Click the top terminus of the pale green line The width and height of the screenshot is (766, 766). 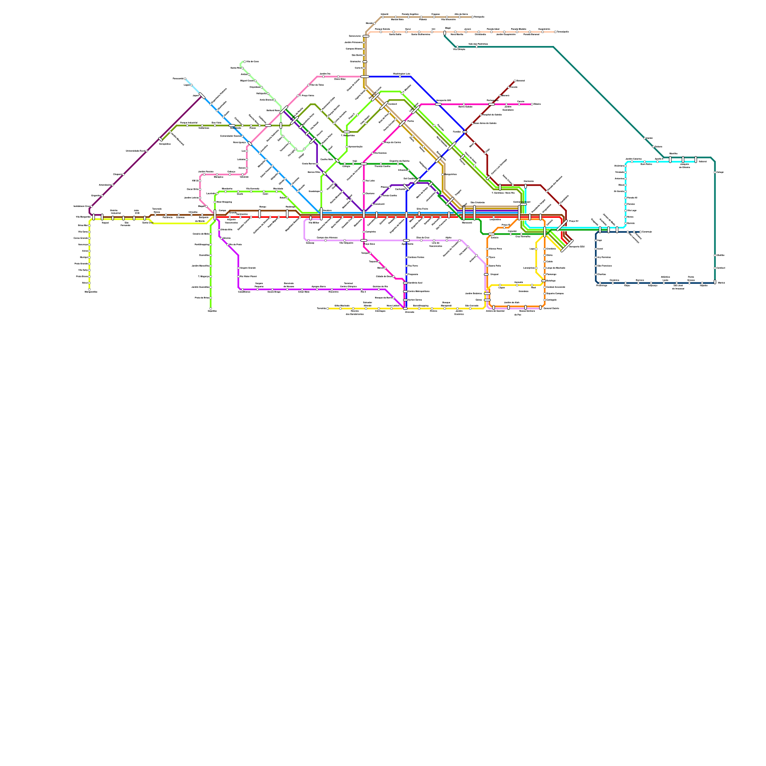(245, 62)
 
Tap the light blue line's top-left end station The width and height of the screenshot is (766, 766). (185, 79)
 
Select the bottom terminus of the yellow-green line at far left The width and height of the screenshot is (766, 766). (90, 289)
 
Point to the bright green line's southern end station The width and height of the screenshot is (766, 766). (211, 309)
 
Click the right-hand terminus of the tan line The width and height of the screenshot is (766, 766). (473, 17)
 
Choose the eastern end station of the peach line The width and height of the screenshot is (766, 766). (555, 32)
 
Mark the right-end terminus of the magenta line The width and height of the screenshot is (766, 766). (532, 104)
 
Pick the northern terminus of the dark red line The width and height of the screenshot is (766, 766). (515, 81)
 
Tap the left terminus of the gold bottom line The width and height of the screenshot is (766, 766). (328, 308)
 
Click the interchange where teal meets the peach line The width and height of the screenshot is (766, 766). (445, 33)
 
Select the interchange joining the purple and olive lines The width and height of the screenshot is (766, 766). (294, 120)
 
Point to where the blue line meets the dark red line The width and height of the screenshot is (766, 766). (464, 132)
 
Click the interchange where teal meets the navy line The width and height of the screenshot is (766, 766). (715, 282)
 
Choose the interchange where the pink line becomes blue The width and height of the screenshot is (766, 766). (365, 77)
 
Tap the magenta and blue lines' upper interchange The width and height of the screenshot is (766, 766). (438, 104)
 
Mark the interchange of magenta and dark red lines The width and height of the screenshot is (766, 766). (492, 104)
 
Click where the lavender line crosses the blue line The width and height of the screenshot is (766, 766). (406, 240)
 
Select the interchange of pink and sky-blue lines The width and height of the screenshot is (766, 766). (249, 143)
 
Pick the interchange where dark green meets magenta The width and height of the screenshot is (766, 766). (364, 164)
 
